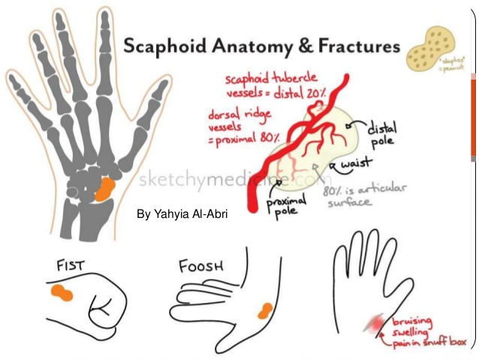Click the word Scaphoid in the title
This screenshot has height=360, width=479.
point(167,47)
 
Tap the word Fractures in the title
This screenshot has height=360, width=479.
point(354,47)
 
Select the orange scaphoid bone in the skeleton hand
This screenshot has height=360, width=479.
point(104,188)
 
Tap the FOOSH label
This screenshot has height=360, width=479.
point(200,265)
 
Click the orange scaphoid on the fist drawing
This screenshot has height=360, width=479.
point(62,293)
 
